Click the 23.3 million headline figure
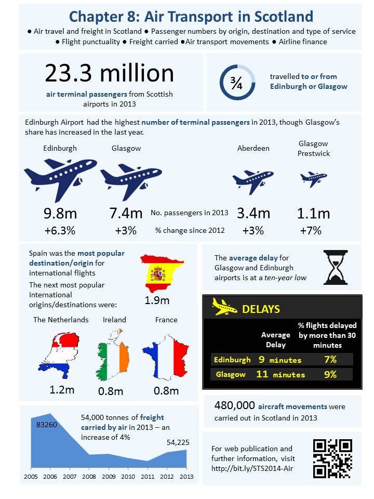pyautogui.click(x=109, y=73)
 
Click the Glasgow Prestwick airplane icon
pyautogui.click(x=314, y=178)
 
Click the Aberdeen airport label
pyautogui.click(x=253, y=148)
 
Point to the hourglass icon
pyautogui.click(x=336, y=267)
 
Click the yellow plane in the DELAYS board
pyautogui.click(x=225, y=308)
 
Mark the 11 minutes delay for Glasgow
pyautogui.click(x=280, y=374)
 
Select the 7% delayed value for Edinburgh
pyautogui.click(x=330, y=359)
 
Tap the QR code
pyautogui.click(x=332, y=458)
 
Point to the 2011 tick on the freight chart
pyautogui.click(x=148, y=476)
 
